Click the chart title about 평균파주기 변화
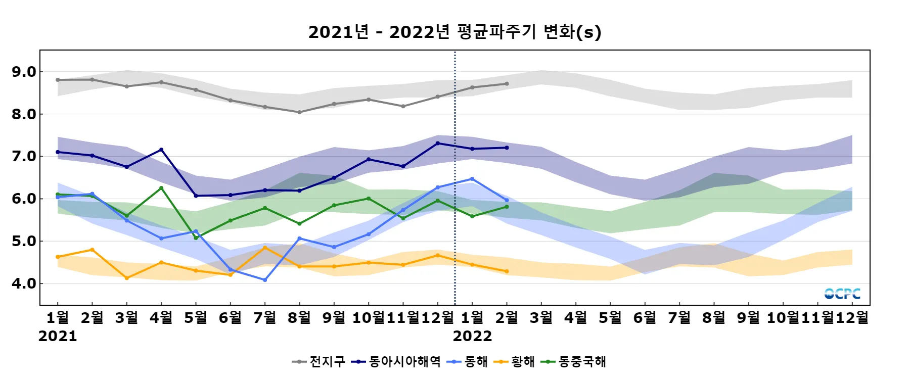click(x=454, y=32)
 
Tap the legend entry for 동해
click(x=468, y=361)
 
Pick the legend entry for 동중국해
click(x=574, y=361)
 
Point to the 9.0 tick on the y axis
click(x=24, y=72)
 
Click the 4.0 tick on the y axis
click(x=24, y=283)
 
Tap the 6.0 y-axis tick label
click(x=24, y=199)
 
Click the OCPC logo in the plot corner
click(x=842, y=294)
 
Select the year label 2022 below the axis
click(x=472, y=336)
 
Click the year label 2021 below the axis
click(x=58, y=336)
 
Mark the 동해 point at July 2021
click(x=265, y=279)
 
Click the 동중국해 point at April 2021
click(x=161, y=188)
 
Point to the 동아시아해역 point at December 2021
click(x=438, y=143)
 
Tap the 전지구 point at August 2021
click(x=299, y=112)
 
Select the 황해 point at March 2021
click(x=127, y=278)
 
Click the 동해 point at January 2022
click(x=472, y=179)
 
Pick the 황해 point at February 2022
click(x=507, y=271)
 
